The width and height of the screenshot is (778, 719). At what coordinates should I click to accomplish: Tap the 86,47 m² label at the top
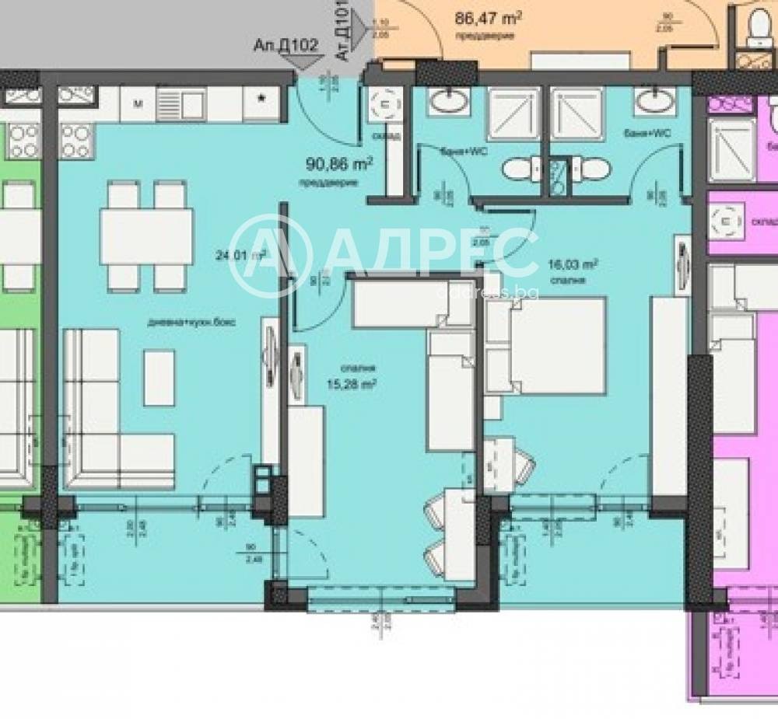click(x=488, y=17)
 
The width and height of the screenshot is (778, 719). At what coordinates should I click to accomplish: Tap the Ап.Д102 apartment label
click(x=286, y=45)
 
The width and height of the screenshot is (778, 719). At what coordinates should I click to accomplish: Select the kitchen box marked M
click(x=138, y=103)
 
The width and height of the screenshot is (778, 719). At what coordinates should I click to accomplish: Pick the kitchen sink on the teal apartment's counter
click(x=180, y=102)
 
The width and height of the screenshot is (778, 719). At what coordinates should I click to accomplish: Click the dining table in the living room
click(x=147, y=237)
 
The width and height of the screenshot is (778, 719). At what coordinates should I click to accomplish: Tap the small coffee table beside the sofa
click(x=159, y=378)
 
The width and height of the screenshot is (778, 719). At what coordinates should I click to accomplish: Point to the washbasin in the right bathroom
click(x=654, y=100)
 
